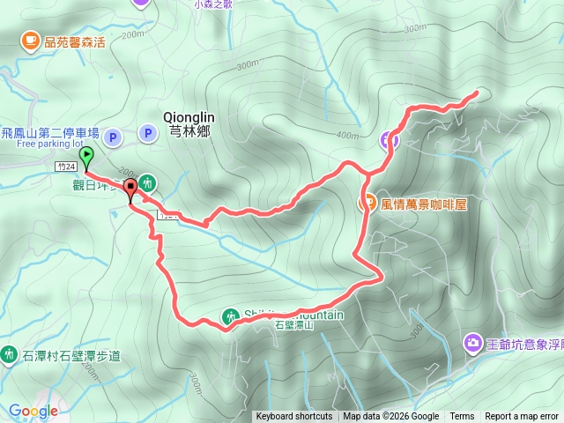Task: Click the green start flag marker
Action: click(x=86, y=158)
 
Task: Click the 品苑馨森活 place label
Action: click(x=74, y=40)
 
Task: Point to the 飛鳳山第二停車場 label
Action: click(x=50, y=132)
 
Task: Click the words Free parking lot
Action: click(x=48, y=144)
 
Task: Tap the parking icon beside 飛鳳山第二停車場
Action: click(x=113, y=137)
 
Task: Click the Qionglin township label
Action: click(x=189, y=115)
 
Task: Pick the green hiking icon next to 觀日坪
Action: click(x=147, y=182)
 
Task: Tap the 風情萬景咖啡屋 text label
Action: click(x=424, y=204)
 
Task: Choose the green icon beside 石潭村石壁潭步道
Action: click(x=9, y=354)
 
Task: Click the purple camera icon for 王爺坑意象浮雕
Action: click(x=473, y=342)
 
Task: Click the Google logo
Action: click(x=33, y=411)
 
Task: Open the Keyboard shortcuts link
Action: click(x=294, y=417)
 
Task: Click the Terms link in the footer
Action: click(x=462, y=417)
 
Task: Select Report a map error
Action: click(x=522, y=417)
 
